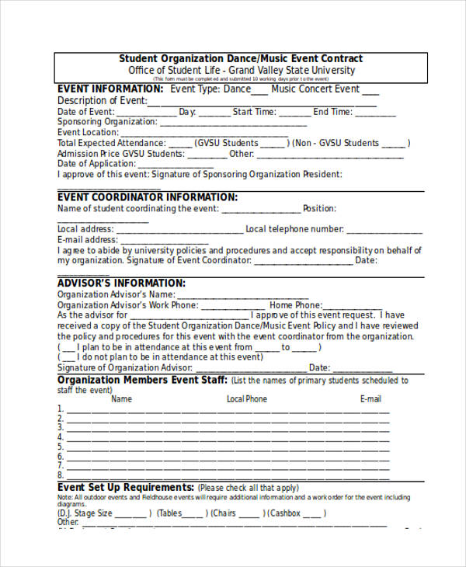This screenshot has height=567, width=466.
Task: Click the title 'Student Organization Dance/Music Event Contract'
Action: (x=240, y=59)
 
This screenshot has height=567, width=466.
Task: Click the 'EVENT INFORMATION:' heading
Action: (x=110, y=89)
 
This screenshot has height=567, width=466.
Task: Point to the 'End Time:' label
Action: (x=332, y=112)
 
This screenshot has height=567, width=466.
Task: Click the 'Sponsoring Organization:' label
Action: (x=107, y=122)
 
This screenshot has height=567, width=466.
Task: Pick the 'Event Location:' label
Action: (x=88, y=133)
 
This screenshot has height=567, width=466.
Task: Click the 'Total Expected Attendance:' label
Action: (x=111, y=144)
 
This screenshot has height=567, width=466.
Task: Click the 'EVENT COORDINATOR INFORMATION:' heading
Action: (x=148, y=197)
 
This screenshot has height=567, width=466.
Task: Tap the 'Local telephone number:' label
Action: (x=294, y=229)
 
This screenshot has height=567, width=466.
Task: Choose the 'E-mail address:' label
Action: (x=87, y=240)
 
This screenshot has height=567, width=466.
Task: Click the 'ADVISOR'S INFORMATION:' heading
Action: (x=121, y=283)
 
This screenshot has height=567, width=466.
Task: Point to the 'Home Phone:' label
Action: (x=294, y=305)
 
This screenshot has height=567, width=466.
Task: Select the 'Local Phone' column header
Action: (x=246, y=399)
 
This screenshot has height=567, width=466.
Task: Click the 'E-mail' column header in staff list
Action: (x=370, y=399)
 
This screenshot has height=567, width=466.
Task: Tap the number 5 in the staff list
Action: (x=61, y=447)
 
